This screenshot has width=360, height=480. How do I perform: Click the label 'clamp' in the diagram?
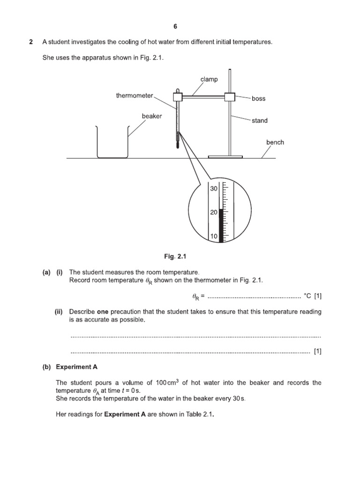click(209, 79)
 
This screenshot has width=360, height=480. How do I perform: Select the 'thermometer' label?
click(135, 96)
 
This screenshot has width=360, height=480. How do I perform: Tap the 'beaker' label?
click(152, 116)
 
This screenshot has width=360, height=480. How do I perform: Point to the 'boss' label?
click(258, 98)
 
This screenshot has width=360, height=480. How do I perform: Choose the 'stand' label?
click(259, 120)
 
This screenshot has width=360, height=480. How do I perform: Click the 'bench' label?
click(275, 142)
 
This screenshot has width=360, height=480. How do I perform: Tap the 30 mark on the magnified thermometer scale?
click(214, 188)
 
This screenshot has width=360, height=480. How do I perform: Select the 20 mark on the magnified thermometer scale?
click(214, 212)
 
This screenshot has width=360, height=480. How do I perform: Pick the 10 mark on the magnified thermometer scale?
click(214, 237)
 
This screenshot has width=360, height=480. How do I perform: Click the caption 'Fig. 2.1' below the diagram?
click(173, 256)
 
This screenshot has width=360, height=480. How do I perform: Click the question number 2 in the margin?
click(31, 42)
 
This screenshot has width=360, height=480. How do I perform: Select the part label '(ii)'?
click(60, 312)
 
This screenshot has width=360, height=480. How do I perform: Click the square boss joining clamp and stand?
click(230, 97)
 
